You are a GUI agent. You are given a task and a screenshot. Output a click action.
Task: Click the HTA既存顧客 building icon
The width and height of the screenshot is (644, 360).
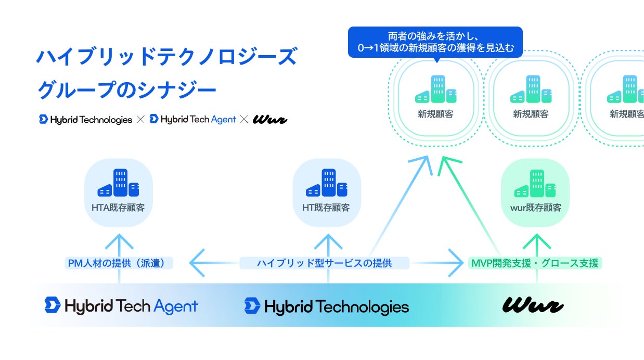118,183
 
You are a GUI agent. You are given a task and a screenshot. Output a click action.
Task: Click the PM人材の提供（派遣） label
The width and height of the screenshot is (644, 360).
120,263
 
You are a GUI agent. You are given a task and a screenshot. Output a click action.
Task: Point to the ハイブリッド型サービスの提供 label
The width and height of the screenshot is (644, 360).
324,263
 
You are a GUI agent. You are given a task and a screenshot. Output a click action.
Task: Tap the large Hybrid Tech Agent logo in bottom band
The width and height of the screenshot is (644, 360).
121,305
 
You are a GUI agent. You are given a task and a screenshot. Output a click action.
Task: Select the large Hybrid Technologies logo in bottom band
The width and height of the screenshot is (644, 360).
327,306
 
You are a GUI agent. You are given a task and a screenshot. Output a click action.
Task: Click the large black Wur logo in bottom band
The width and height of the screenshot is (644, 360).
532,305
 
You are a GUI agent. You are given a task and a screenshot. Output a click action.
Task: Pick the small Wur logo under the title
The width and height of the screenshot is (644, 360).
270,120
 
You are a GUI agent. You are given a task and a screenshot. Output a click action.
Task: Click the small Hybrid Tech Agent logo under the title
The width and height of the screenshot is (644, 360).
192,120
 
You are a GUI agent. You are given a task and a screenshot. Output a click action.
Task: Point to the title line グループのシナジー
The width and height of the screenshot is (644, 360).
126,91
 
